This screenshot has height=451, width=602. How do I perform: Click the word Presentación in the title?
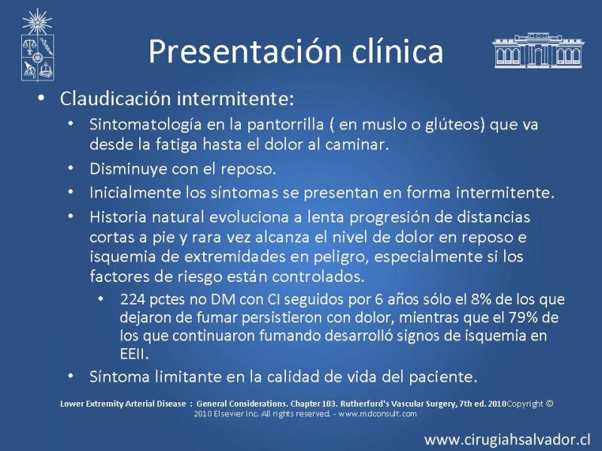click(x=244, y=51)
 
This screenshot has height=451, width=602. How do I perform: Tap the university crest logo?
click(x=37, y=45)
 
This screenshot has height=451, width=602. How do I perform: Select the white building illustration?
click(x=538, y=50)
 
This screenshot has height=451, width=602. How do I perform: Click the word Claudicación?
click(x=115, y=98)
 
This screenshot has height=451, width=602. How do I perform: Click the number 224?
click(x=132, y=299)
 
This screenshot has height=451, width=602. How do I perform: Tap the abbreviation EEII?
click(x=134, y=353)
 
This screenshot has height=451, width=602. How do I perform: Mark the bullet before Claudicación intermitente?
click(x=41, y=98)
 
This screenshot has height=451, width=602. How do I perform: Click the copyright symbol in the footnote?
click(x=549, y=404)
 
